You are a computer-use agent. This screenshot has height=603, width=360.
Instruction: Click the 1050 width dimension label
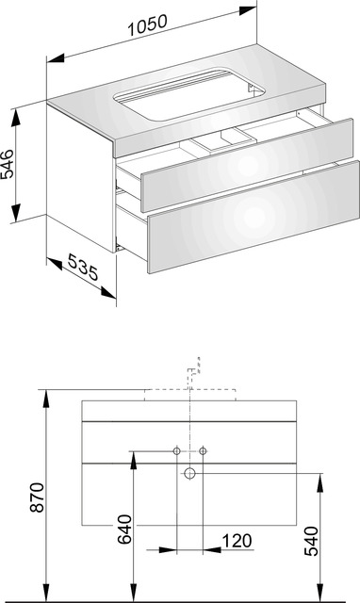click(148, 25)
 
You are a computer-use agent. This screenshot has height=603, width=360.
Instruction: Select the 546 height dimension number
click(8, 163)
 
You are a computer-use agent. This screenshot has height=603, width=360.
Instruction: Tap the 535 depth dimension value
click(83, 267)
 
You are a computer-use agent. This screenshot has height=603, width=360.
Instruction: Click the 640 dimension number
click(124, 530)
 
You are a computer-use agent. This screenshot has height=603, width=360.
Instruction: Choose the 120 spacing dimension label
click(237, 541)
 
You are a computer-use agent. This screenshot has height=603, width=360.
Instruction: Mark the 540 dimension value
click(311, 542)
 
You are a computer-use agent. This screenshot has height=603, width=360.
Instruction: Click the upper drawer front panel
click(247, 165)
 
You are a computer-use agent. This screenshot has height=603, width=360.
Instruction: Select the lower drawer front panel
click(254, 217)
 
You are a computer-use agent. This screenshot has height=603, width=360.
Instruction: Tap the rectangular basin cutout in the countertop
click(189, 94)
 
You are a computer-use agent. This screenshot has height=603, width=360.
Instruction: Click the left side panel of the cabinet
click(80, 178)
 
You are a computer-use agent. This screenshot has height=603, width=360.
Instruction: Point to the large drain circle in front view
click(189, 473)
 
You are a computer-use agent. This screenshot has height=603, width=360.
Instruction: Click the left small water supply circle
click(176, 450)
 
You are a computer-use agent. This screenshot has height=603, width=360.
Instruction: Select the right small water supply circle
click(203, 450)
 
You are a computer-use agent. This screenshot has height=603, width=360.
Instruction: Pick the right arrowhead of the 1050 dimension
click(248, 10)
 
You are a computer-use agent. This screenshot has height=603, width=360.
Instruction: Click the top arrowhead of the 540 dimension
click(319, 482)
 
